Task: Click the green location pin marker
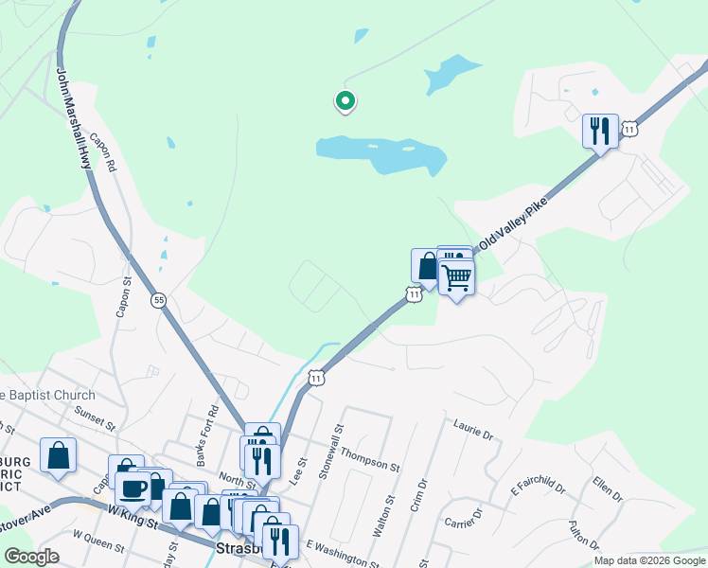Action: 345,100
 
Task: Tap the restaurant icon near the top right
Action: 600,131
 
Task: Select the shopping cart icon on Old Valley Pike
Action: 456,278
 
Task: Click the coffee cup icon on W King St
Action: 133,488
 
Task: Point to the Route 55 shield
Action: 158,299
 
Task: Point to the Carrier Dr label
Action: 464,517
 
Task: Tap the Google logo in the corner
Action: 31,557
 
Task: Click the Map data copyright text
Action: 649,560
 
